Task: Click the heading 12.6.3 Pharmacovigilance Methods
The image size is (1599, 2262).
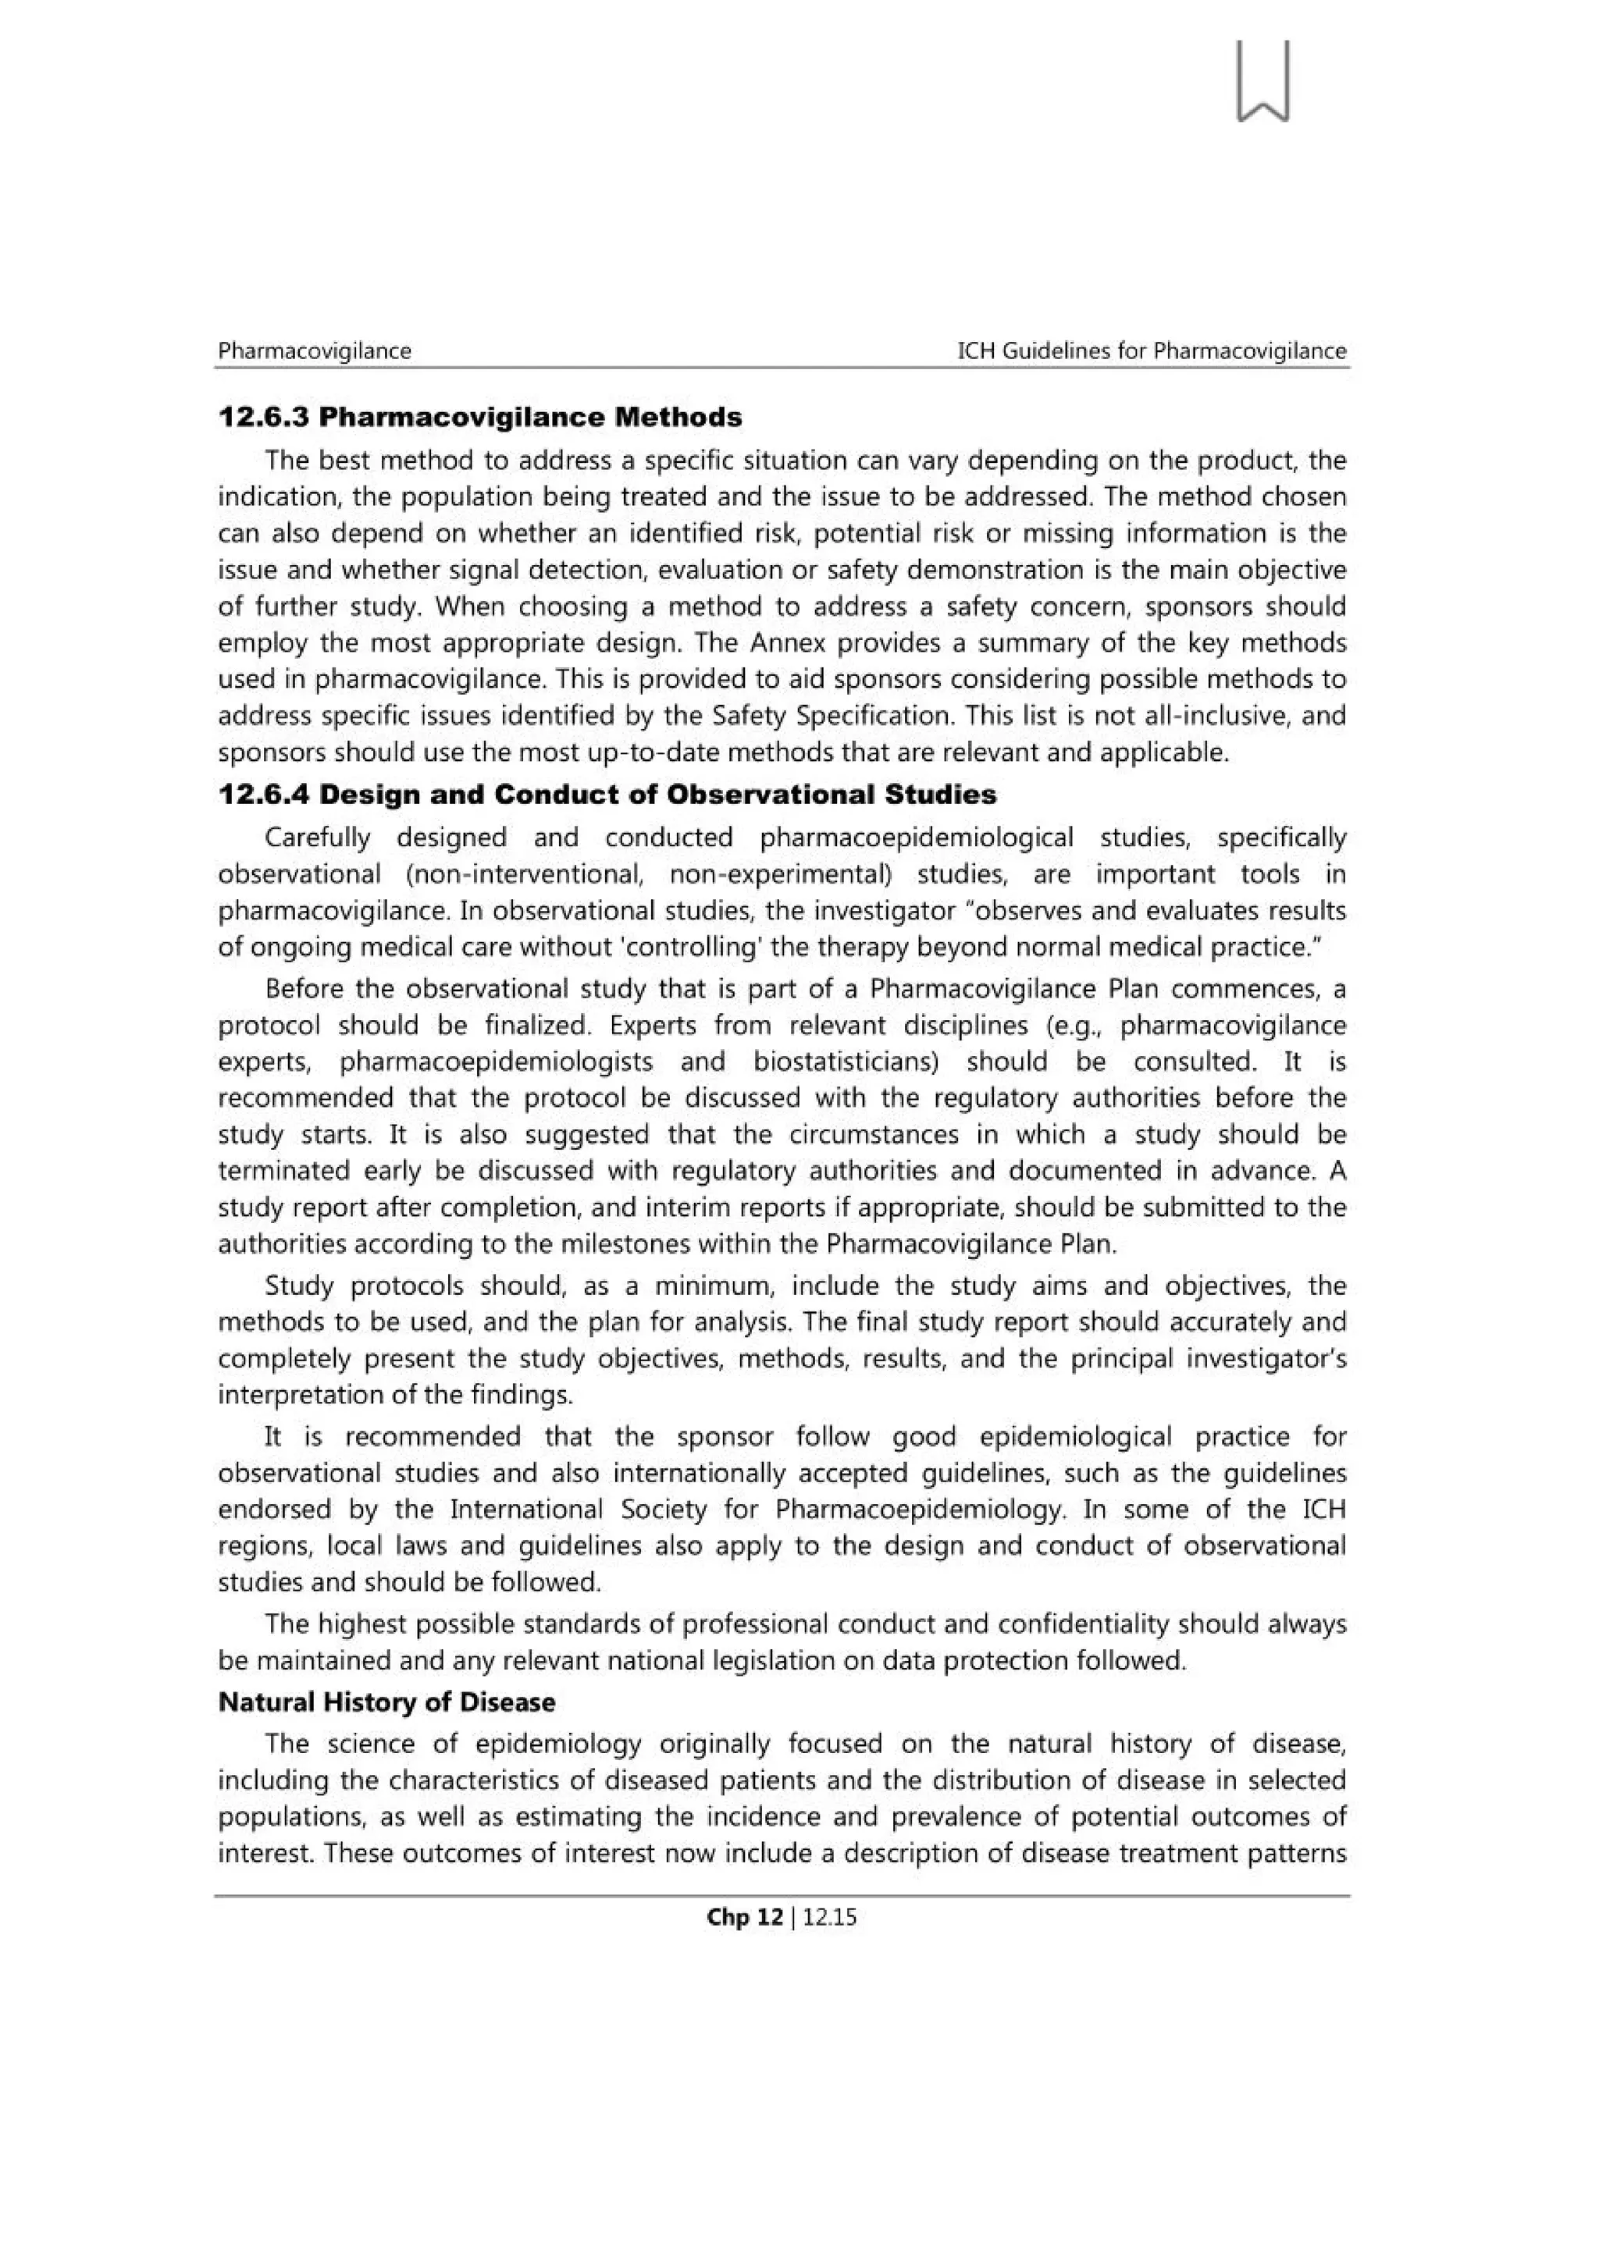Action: pyautogui.click(x=480, y=417)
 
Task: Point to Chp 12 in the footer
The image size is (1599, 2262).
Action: pyautogui.click(x=745, y=1916)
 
